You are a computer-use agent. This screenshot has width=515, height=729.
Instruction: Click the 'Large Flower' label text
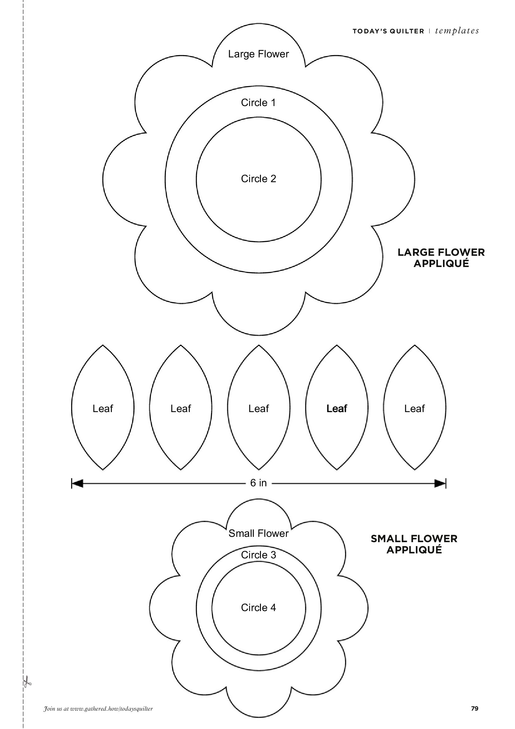[258, 54]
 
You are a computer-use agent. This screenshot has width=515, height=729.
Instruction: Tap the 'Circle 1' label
[258, 103]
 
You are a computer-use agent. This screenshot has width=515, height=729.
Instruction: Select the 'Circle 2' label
[258, 179]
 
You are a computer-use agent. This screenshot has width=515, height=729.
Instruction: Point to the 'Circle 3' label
[258, 555]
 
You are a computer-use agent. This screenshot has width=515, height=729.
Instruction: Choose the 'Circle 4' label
[258, 607]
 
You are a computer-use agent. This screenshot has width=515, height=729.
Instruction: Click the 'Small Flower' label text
[258, 533]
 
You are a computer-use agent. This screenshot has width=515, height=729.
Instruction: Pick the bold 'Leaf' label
[337, 408]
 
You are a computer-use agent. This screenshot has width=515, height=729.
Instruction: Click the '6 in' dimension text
[258, 483]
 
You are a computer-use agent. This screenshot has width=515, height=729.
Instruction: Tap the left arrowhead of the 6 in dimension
[77, 484]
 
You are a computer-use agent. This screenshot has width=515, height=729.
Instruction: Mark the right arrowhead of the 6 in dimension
[440, 484]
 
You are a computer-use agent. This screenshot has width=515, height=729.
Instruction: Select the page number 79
[475, 708]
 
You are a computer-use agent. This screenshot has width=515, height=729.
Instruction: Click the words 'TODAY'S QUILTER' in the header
[388, 31]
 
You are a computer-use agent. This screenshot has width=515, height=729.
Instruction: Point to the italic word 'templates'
[457, 31]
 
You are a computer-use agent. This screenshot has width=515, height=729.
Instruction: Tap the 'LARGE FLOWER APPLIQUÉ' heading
[441, 258]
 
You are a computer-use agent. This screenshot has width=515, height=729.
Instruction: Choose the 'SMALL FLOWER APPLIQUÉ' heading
[414, 544]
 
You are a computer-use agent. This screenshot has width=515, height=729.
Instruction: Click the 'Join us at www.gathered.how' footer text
[98, 709]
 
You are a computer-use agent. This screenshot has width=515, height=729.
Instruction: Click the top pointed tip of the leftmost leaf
[103, 345]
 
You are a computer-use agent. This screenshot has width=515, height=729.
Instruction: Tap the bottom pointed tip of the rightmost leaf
[415, 469]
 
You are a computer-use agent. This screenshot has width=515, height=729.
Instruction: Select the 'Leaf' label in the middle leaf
[258, 408]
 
